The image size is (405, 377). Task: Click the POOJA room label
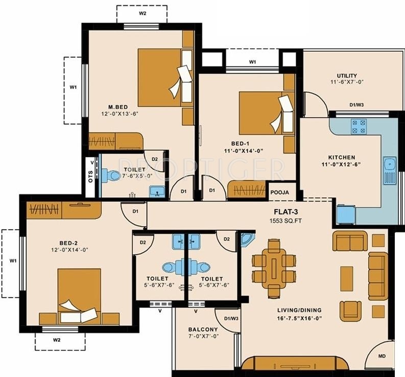click(x=279, y=192)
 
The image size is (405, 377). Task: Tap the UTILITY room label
click(x=347, y=76)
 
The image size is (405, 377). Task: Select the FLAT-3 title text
click(x=285, y=212)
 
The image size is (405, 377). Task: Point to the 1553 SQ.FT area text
click(x=285, y=221)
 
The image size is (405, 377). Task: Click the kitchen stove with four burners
click(x=359, y=126)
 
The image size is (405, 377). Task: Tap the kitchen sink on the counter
click(x=390, y=170)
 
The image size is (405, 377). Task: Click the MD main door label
click(x=382, y=356)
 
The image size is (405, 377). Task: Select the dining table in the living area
click(x=274, y=268)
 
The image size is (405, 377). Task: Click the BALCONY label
click(x=203, y=329)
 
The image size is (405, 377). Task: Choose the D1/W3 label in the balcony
click(x=231, y=319)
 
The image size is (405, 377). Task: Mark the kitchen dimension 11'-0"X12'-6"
click(x=341, y=164)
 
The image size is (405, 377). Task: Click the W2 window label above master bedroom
click(x=142, y=13)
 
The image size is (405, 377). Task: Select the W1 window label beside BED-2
click(x=13, y=261)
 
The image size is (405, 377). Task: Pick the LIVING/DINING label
click(x=299, y=310)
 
